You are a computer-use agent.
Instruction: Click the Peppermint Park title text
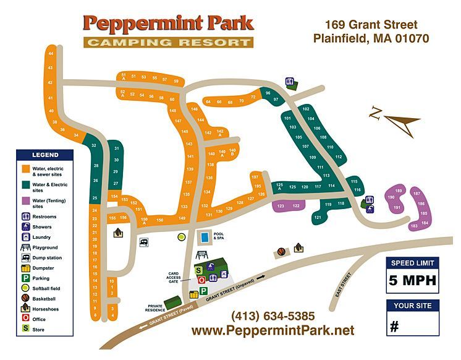(168, 24)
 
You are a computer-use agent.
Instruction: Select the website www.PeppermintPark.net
(273, 330)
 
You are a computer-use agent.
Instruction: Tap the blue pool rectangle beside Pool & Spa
(203, 237)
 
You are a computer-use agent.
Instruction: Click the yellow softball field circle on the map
(182, 236)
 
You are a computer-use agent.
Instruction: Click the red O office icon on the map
(201, 280)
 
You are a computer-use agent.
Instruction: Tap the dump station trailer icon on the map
(144, 242)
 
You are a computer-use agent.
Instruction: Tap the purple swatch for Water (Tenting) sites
(25, 200)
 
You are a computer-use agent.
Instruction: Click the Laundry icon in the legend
(25, 237)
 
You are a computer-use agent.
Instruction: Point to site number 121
(318, 217)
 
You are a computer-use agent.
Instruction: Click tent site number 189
(399, 191)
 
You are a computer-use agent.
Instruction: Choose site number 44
(51, 54)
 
